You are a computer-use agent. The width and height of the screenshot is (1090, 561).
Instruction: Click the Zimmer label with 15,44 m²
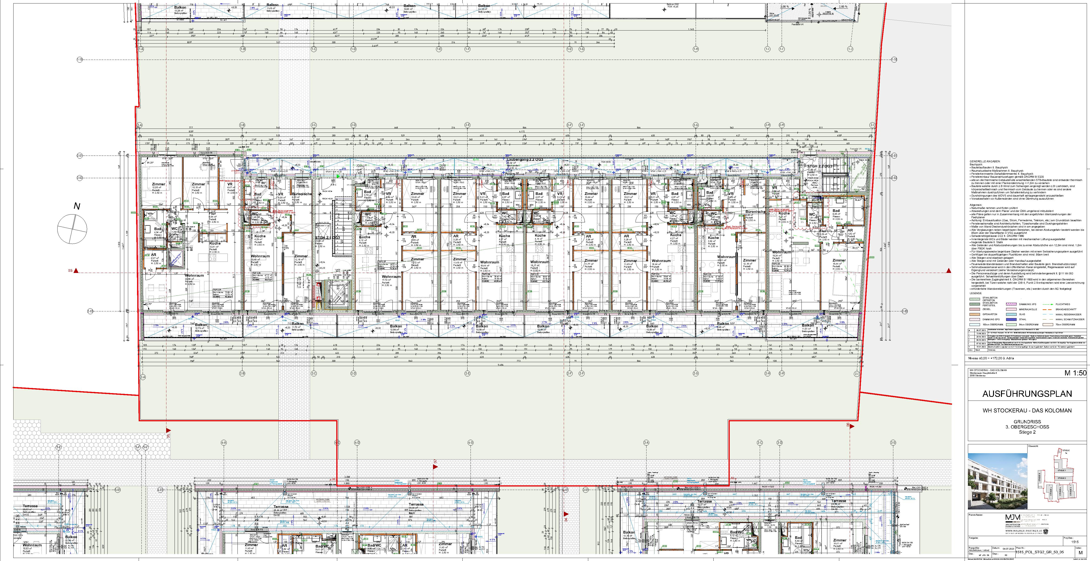point(839,260)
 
